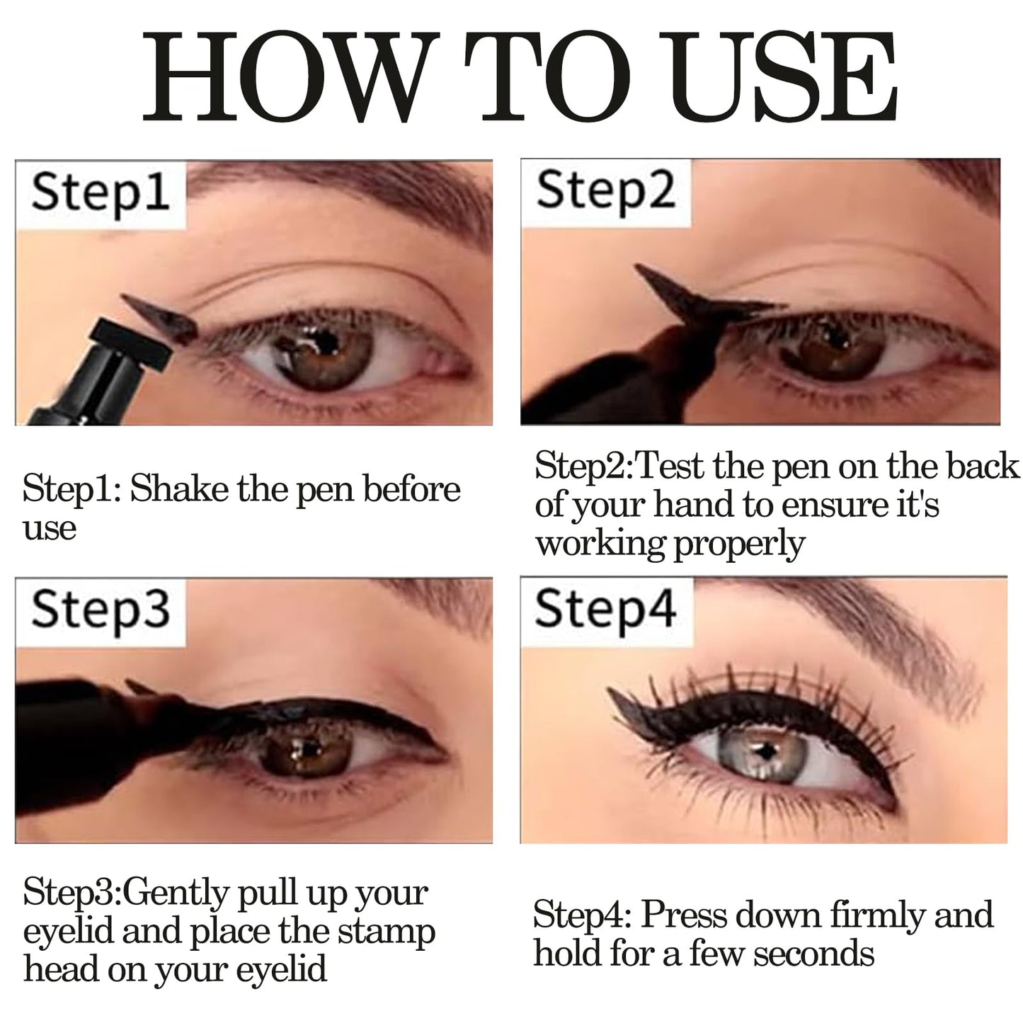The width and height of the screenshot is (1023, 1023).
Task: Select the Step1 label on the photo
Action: pos(101,194)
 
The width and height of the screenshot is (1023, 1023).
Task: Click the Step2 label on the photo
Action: pos(606,191)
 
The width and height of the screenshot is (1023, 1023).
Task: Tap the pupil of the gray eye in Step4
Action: pos(765,750)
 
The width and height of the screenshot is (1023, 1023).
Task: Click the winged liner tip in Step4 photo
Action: pos(610,690)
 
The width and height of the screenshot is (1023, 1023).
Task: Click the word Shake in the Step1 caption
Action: pos(180,488)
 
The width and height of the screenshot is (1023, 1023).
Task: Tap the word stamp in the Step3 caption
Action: pos(387,932)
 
